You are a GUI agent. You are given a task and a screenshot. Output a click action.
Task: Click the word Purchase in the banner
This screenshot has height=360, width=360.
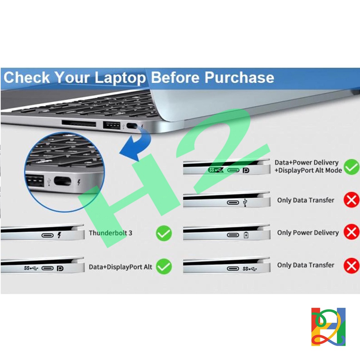click(239, 77)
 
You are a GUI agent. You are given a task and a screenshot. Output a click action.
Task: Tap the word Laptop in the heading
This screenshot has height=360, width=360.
click(120, 78)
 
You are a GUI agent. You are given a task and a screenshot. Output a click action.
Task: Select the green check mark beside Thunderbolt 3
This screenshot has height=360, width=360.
click(164, 233)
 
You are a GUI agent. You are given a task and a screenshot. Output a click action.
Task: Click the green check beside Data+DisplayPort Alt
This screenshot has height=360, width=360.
click(164, 266)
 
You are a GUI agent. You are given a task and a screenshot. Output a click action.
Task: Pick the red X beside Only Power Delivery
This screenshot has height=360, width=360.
click(351, 232)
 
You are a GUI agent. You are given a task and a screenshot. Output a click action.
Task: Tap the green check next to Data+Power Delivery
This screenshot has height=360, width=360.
click(351, 167)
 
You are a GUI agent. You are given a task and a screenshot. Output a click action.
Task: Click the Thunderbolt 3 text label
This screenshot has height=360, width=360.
click(111, 233)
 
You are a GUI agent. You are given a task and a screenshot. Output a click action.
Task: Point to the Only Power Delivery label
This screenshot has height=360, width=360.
click(308, 233)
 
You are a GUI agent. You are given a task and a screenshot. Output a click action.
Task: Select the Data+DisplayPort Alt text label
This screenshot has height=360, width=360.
click(120, 267)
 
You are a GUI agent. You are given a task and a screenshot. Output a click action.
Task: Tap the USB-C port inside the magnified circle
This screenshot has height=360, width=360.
click(62, 181)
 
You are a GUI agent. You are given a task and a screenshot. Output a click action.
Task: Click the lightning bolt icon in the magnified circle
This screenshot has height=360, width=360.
click(79, 182)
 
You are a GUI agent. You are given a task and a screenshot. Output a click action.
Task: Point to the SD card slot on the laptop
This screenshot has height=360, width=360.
click(79, 123)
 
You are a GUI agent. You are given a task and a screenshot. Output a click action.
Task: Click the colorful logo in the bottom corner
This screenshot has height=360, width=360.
click(328, 327)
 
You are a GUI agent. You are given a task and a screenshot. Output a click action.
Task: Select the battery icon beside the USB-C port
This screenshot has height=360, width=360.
click(246, 235)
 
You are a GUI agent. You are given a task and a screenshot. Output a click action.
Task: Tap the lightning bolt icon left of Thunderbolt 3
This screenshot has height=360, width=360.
click(59, 235)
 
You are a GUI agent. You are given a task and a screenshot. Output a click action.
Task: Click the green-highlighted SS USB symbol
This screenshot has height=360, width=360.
click(216, 170)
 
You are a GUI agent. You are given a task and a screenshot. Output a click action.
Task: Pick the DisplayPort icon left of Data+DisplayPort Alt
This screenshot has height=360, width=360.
click(60, 268)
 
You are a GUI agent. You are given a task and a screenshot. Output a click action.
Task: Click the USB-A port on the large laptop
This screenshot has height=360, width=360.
click(112, 126)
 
